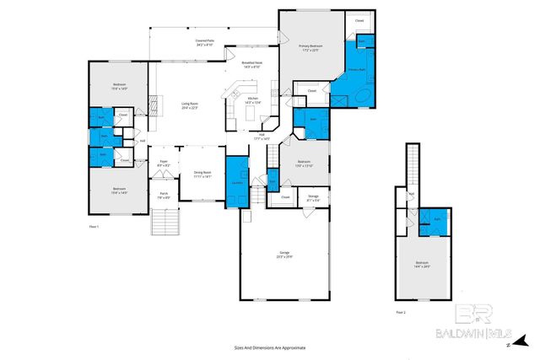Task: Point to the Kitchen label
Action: tap(252, 100)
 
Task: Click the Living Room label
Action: tap(189, 105)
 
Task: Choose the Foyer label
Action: tap(164, 164)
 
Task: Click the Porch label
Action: tap(164, 196)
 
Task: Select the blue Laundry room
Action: tap(236, 177)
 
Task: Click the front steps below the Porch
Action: tap(165, 223)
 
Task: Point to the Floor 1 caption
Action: tap(94, 227)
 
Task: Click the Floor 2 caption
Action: tap(400, 312)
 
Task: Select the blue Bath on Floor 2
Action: tap(437, 219)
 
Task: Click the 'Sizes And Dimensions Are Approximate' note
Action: tap(270, 347)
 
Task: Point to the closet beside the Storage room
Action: tap(284, 199)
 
